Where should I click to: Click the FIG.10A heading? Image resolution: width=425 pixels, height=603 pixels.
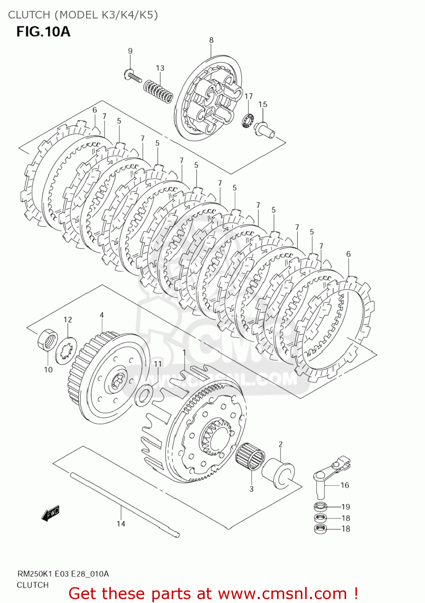(x=43, y=31)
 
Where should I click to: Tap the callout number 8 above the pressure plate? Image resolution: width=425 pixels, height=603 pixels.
(x=211, y=40)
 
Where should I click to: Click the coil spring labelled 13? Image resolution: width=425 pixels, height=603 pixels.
(x=159, y=91)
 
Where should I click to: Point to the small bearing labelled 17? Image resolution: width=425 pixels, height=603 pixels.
(x=247, y=120)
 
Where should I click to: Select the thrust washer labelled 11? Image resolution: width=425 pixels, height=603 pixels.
(x=144, y=395)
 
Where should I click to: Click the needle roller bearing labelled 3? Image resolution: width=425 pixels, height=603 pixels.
(x=250, y=457)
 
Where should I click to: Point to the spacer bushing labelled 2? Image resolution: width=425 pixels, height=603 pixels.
(x=278, y=473)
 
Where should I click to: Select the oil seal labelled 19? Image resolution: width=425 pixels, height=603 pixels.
(x=320, y=507)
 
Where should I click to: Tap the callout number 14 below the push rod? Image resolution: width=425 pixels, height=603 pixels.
(x=121, y=523)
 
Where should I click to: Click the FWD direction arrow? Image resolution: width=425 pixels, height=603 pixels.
(x=51, y=513)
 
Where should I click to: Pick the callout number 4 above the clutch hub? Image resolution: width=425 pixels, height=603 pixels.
(x=102, y=315)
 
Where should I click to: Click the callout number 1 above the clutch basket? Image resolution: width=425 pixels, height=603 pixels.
(x=184, y=353)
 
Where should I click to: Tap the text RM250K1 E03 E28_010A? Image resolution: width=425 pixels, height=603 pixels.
(x=63, y=574)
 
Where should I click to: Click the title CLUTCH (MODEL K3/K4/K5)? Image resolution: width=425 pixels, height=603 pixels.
(x=83, y=15)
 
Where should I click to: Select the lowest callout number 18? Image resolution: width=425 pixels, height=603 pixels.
(x=346, y=529)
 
